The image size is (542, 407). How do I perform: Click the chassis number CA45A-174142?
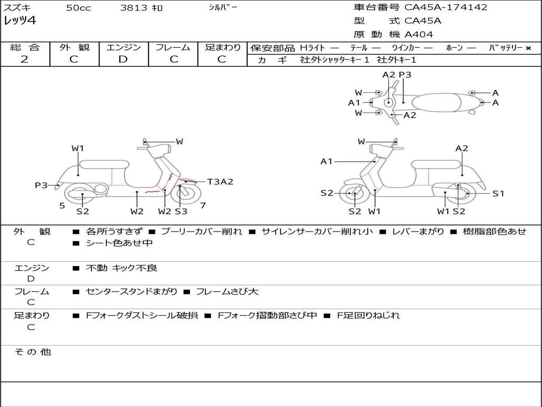tap(446, 7)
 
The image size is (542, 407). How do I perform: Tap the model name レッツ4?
tap(20, 21)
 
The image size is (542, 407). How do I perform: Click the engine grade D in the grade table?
tap(123, 59)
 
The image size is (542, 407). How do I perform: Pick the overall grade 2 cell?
tap(24, 59)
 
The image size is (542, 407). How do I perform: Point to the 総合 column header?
tap(24, 48)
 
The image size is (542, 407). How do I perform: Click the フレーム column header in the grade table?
tap(173, 48)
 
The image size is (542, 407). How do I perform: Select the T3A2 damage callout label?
tap(220, 182)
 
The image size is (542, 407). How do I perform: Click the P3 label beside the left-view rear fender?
tap(41, 185)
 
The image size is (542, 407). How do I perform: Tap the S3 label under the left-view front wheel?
tap(181, 211)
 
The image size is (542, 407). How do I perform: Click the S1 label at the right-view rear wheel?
tap(498, 193)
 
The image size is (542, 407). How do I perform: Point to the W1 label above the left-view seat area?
tap(78, 148)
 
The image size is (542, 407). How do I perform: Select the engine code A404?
tap(419, 34)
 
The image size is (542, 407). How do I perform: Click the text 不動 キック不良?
tap(122, 268)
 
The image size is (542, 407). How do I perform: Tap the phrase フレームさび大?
tap(227, 291)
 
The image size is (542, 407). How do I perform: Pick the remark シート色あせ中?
tap(119, 243)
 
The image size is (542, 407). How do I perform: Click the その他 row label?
tap(33, 352)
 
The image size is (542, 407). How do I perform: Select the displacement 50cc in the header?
tap(78, 8)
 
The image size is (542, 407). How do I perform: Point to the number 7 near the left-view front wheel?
tap(203, 206)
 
